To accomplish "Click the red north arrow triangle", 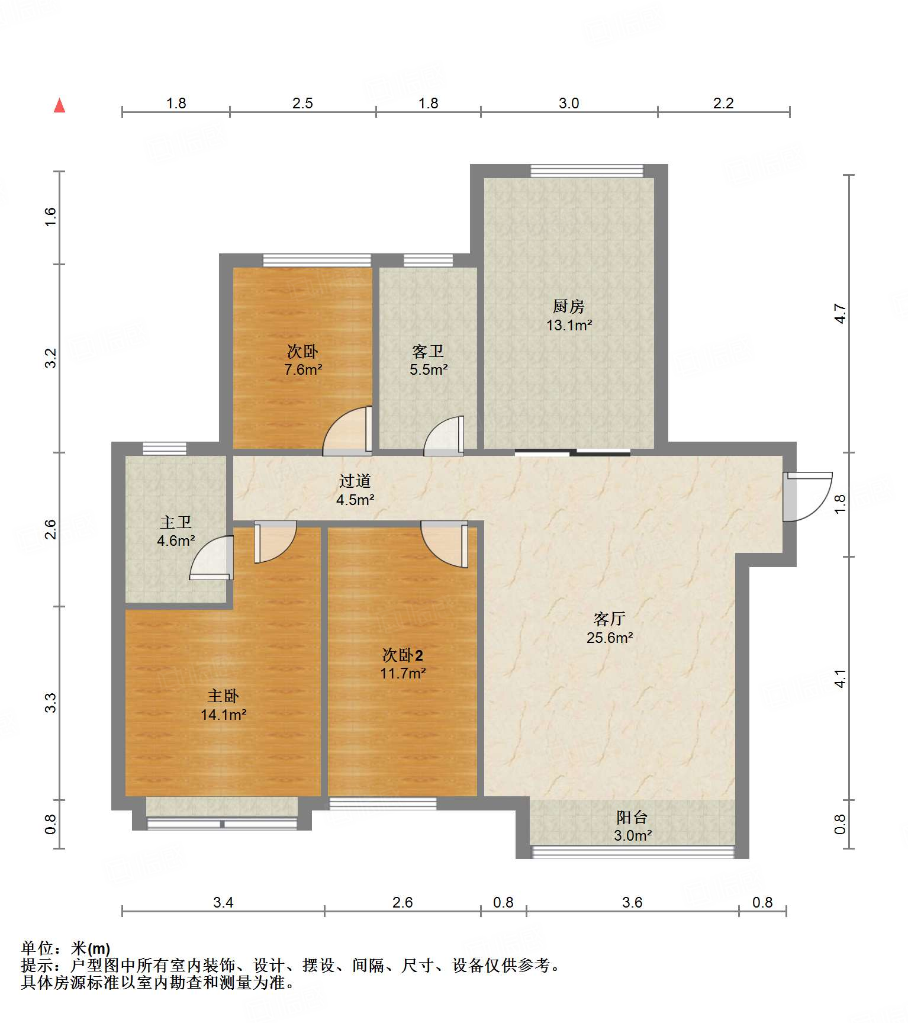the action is pyautogui.click(x=59, y=105).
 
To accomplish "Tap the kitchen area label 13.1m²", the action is pyautogui.click(x=569, y=325).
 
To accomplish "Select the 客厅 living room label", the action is pyautogui.click(x=610, y=619).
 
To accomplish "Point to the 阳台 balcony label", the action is pyautogui.click(x=632, y=817).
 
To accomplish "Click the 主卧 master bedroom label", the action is pyautogui.click(x=223, y=696).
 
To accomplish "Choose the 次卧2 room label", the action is pyautogui.click(x=403, y=655).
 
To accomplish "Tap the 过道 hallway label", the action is pyautogui.click(x=355, y=481).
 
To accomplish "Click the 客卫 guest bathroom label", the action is pyautogui.click(x=428, y=351).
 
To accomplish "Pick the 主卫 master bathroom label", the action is pyautogui.click(x=176, y=522).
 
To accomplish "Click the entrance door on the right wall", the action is pyautogui.click(x=807, y=496).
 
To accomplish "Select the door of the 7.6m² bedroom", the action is pyautogui.click(x=348, y=430).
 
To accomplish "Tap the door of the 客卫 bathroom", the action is pyautogui.click(x=444, y=436).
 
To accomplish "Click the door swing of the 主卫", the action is pyautogui.click(x=211, y=557).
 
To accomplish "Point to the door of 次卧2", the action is pyautogui.click(x=445, y=544).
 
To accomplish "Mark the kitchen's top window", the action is pyautogui.click(x=587, y=171).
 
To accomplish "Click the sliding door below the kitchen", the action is pyautogui.click(x=572, y=453).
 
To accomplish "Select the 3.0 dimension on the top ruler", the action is pyautogui.click(x=569, y=103).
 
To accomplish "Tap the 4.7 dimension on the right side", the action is pyautogui.click(x=841, y=313).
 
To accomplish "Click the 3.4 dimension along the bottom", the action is pyautogui.click(x=223, y=902).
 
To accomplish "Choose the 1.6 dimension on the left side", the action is pyautogui.click(x=50, y=216).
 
